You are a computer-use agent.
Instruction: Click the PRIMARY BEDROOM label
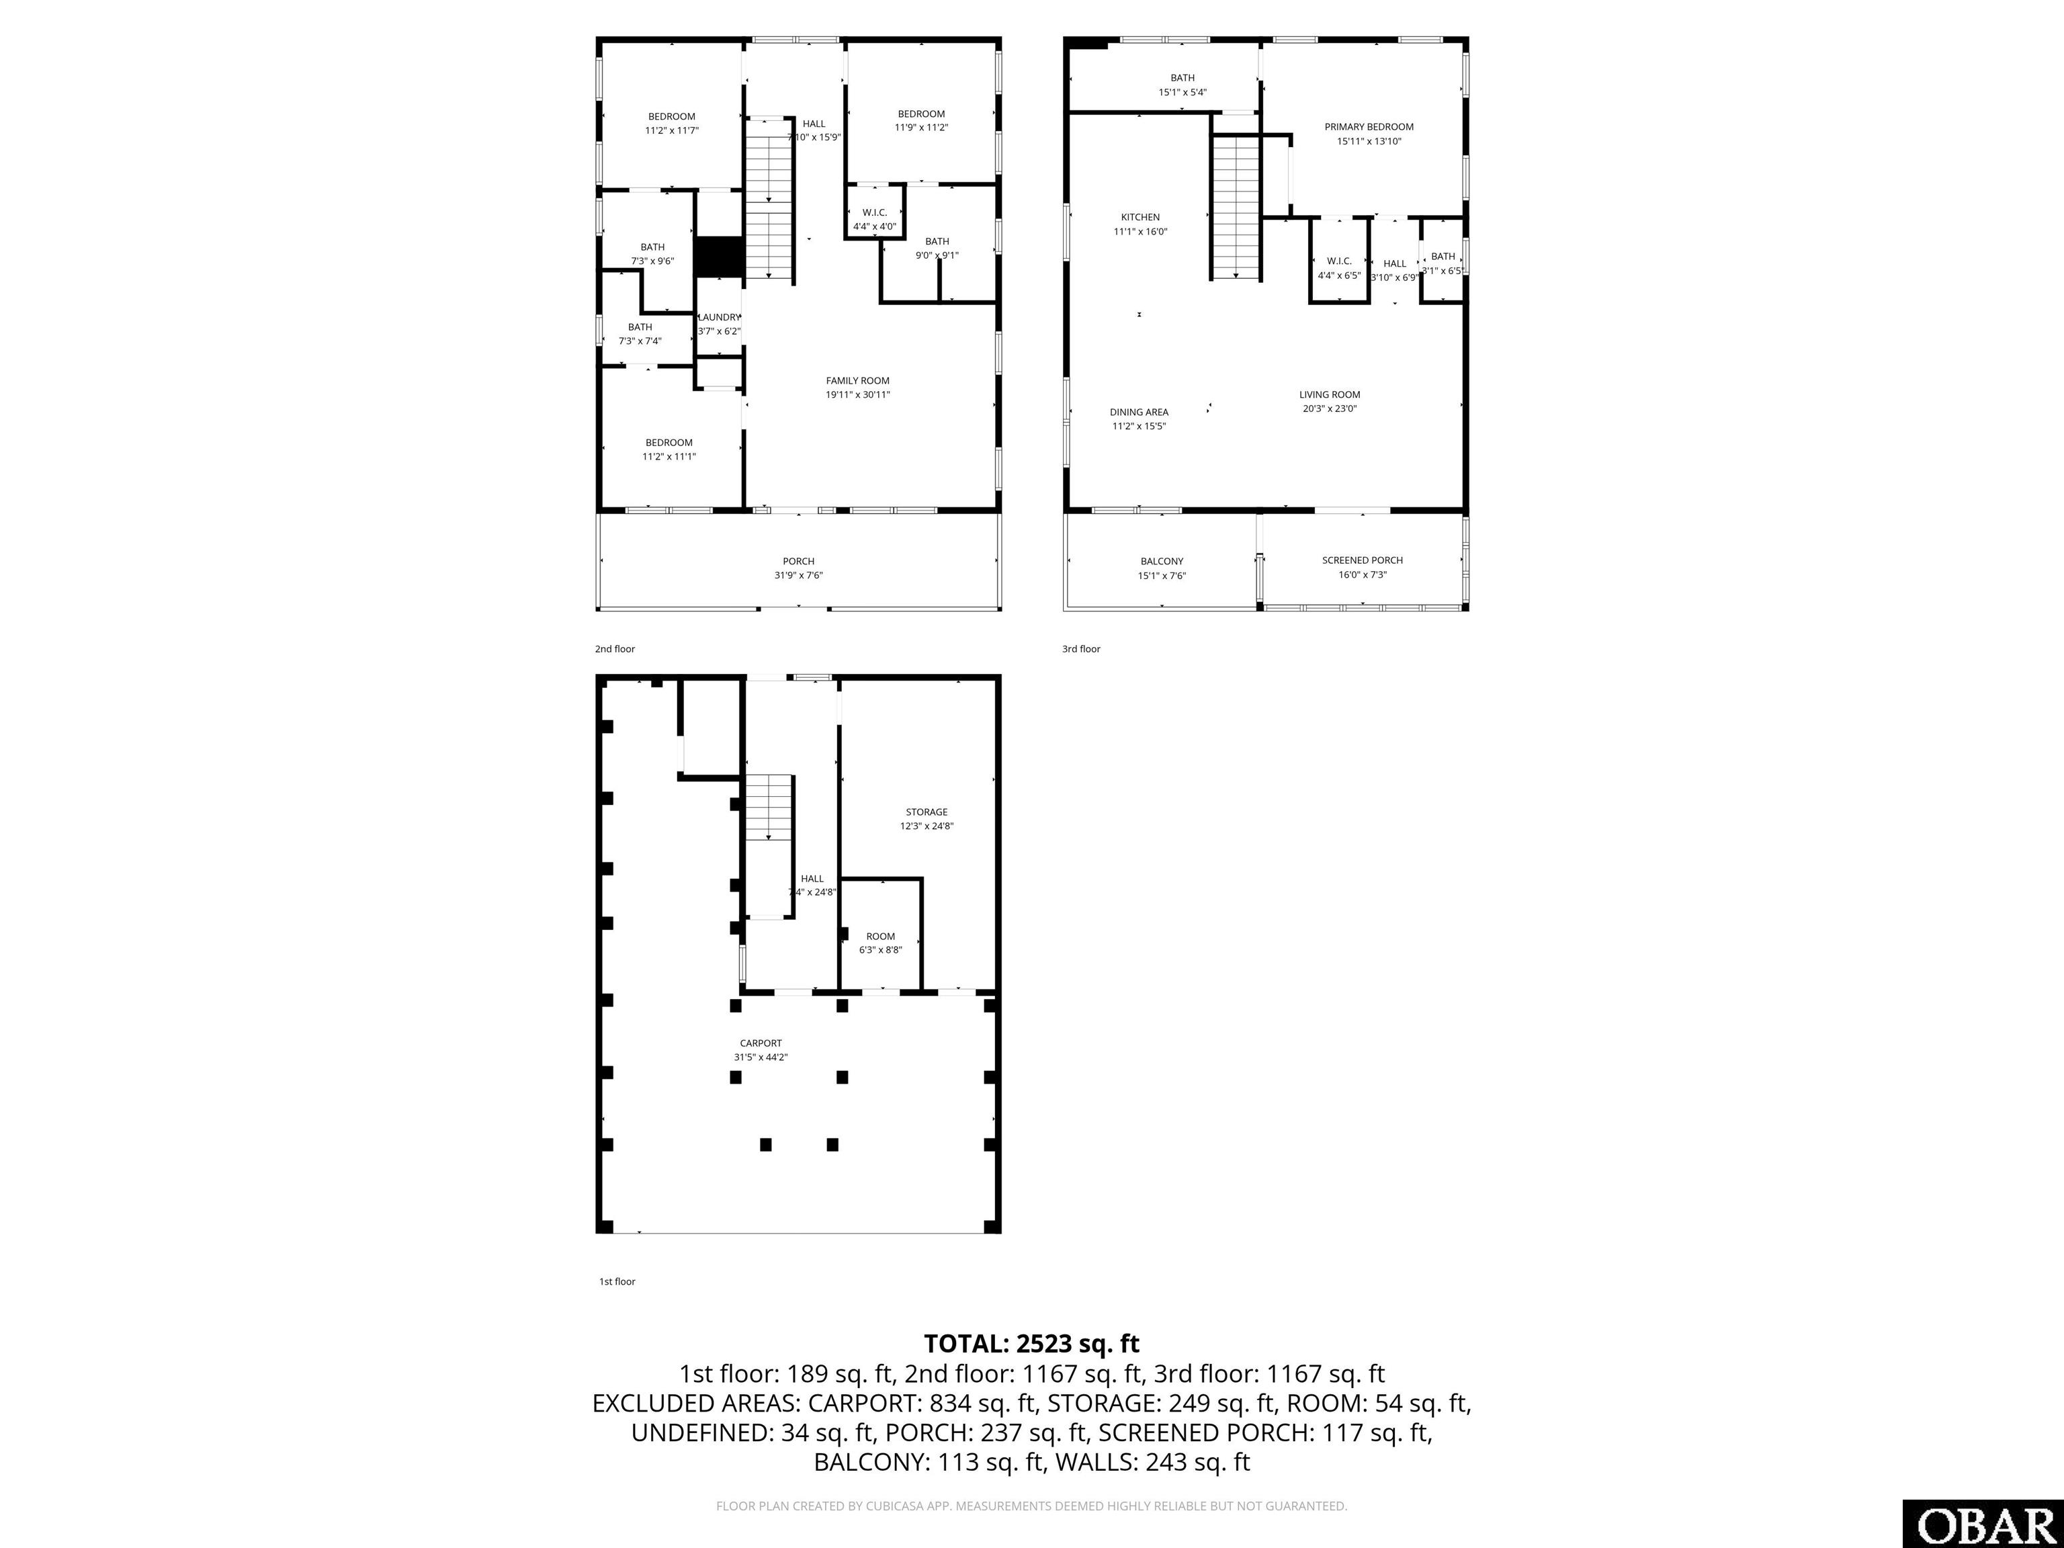1369,127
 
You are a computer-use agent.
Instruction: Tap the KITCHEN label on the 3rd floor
1140,218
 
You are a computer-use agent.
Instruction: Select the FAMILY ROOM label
857,381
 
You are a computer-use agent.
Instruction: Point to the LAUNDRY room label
720,317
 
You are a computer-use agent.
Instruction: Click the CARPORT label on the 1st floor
761,1043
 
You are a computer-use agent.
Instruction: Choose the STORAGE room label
927,812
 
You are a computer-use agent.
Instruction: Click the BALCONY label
1162,562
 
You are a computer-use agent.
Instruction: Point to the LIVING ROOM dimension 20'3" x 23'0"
1330,408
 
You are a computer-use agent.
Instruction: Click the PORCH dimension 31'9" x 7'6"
799,576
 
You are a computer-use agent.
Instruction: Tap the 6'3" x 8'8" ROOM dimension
881,950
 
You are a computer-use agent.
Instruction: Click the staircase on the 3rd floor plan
1236,206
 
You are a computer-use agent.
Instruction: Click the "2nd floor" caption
615,648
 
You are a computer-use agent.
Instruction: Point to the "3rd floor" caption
1082,648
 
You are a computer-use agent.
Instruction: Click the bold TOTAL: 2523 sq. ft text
1031,1344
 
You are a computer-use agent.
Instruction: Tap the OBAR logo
1982,1524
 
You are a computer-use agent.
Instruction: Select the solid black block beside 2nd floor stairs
718,257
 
